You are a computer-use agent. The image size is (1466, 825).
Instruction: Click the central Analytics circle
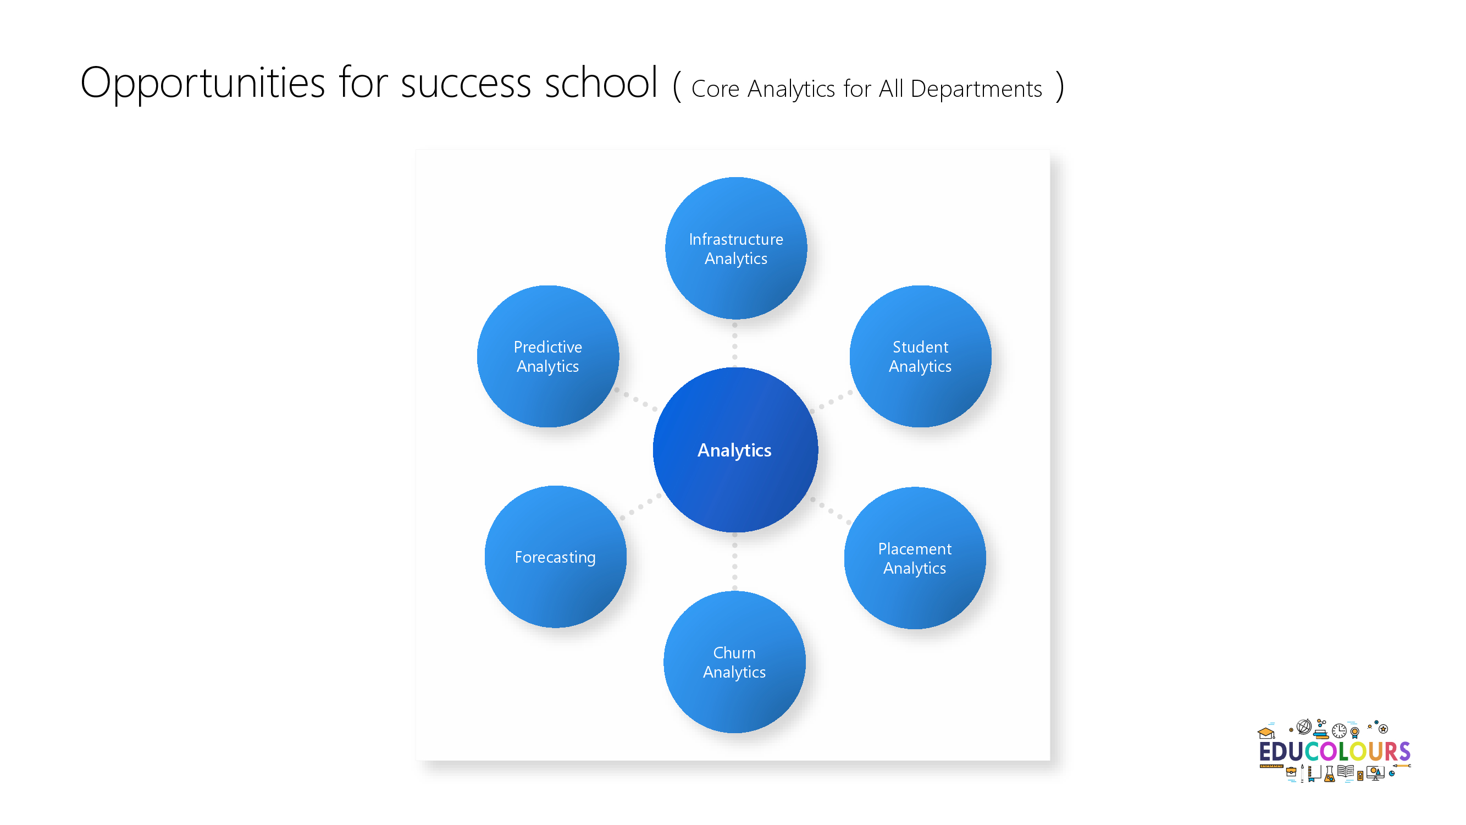coord(735,450)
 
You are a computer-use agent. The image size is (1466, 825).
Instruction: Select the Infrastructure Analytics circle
coord(736,248)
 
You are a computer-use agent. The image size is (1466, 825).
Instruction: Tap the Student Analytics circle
coord(920,356)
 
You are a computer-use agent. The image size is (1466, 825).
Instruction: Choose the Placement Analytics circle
coord(915,558)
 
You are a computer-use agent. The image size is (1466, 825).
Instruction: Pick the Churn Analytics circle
coord(734,662)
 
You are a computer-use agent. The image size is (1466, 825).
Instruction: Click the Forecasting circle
coord(555,557)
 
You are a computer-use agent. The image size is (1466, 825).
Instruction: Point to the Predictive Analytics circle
coord(548,356)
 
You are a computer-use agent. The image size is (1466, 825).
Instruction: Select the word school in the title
coord(601,82)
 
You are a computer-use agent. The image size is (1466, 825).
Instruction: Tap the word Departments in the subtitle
coord(976,90)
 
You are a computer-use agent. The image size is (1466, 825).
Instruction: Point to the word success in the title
coord(466,85)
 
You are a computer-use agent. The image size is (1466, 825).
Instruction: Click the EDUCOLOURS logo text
coord(1335,751)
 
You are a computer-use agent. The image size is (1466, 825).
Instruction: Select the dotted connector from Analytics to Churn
coord(735,562)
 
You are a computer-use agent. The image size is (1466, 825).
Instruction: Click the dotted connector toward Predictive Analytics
coord(635,400)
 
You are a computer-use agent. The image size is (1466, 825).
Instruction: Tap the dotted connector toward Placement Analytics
coord(831,511)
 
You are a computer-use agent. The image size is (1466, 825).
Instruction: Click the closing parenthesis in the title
coord(1059,87)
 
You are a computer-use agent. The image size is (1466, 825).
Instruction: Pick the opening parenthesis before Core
coord(677,87)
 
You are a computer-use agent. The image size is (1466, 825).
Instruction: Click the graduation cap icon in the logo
coord(1266,733)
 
